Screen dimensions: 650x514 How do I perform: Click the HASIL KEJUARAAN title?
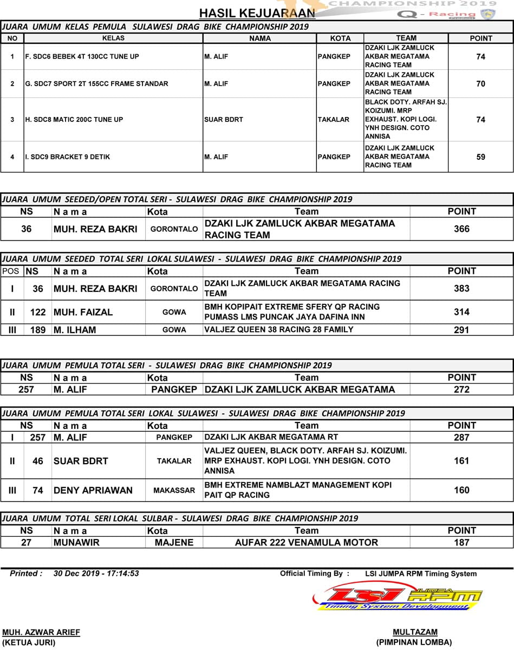pos(257,13)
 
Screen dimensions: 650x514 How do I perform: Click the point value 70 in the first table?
pos(480,84)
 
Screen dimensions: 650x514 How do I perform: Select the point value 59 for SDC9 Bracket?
pos(480,157)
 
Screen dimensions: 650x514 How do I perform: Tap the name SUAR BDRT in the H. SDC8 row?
pos(224,120)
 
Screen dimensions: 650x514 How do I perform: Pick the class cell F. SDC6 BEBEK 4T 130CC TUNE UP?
pos(82,56)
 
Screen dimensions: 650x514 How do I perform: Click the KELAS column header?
pos(113,38)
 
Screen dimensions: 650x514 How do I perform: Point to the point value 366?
pos(461,229)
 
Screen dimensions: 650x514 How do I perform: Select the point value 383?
pos(461,289)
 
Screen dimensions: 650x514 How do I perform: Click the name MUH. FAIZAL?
pos(83,312)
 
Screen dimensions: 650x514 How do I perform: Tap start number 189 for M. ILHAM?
pos(38,330)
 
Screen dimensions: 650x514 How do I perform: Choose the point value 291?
pos(461,330)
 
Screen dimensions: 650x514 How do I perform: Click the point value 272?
pos(461,389)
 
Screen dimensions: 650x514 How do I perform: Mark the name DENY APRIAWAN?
pos(93,490)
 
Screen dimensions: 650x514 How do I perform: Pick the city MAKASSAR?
pos(174,490)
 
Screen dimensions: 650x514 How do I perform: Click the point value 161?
pos(461,461)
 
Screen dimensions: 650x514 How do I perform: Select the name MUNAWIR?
pos(76,542)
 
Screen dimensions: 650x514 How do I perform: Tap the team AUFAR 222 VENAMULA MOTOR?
pos(306,542)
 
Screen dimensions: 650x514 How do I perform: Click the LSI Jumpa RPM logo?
pos(398,597)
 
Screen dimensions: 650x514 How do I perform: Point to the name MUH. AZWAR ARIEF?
pos(41,632)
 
